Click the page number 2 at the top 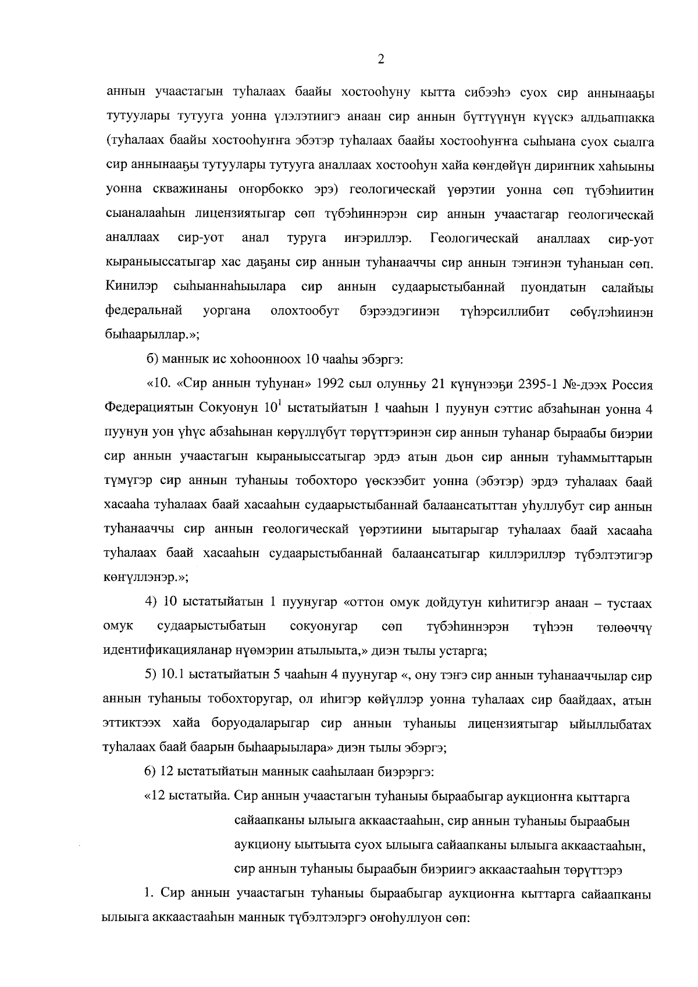(381, 59)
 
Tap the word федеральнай (143, 311)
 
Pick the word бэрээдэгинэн (400, 311)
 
